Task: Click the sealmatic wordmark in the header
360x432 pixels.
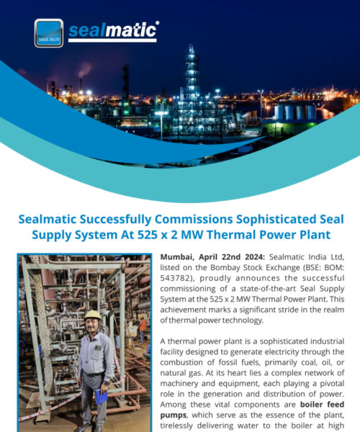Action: [113, 31]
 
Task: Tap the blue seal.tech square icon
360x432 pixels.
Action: [48, 32]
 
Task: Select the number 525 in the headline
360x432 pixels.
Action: [163, 235]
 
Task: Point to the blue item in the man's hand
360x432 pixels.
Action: [102, 395]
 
